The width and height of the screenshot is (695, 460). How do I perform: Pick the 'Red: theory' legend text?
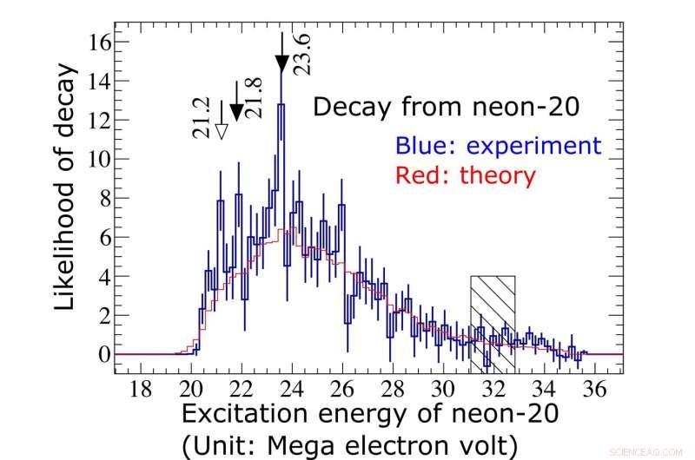(466, 175)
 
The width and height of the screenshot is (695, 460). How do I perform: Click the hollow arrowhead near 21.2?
(221, 131)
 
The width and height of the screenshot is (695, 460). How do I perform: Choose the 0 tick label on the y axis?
(103, 354)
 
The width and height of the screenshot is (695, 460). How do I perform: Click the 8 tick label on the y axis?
(103, 198)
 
